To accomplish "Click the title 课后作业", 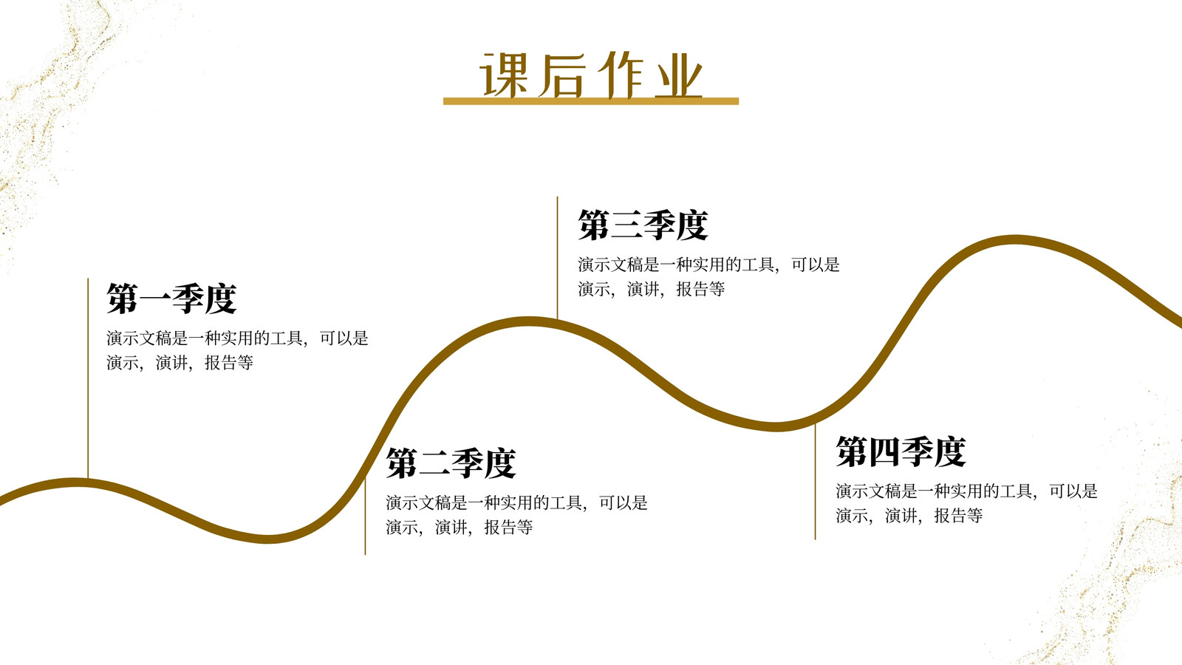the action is (590, 75).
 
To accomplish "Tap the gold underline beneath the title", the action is (590, 100).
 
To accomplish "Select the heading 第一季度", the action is (171, 299).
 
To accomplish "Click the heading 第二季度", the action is (451, 463).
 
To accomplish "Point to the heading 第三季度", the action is (643, 225).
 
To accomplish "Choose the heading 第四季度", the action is (901, 451).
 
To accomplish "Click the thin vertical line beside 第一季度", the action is (88, 378).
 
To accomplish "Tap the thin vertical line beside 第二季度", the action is (365, 516).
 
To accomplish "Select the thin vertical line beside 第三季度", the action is (557, 258).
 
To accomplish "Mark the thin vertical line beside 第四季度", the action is (816, 481).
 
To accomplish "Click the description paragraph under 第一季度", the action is (237, 350).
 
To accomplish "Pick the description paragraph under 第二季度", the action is (516, 514).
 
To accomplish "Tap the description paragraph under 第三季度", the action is (708, 276).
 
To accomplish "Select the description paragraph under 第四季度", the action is (967, 503).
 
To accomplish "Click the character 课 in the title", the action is (503, 75).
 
